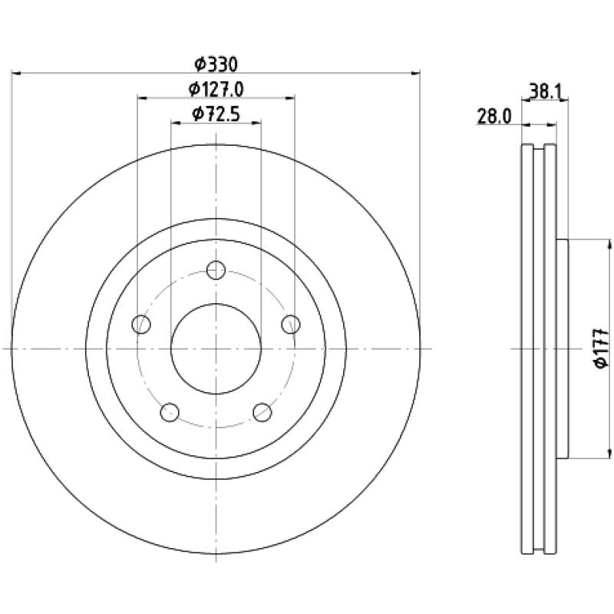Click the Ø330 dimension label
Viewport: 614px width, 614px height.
216,64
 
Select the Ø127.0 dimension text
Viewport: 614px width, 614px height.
216,89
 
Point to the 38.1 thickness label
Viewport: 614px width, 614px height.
546,92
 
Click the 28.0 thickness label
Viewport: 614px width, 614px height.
494,117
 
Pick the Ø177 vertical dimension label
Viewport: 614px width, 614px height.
602,348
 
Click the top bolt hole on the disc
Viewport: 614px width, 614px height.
216,270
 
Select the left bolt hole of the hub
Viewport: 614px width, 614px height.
141,324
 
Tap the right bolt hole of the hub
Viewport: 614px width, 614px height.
291,324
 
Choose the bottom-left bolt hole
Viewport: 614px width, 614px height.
170,412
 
